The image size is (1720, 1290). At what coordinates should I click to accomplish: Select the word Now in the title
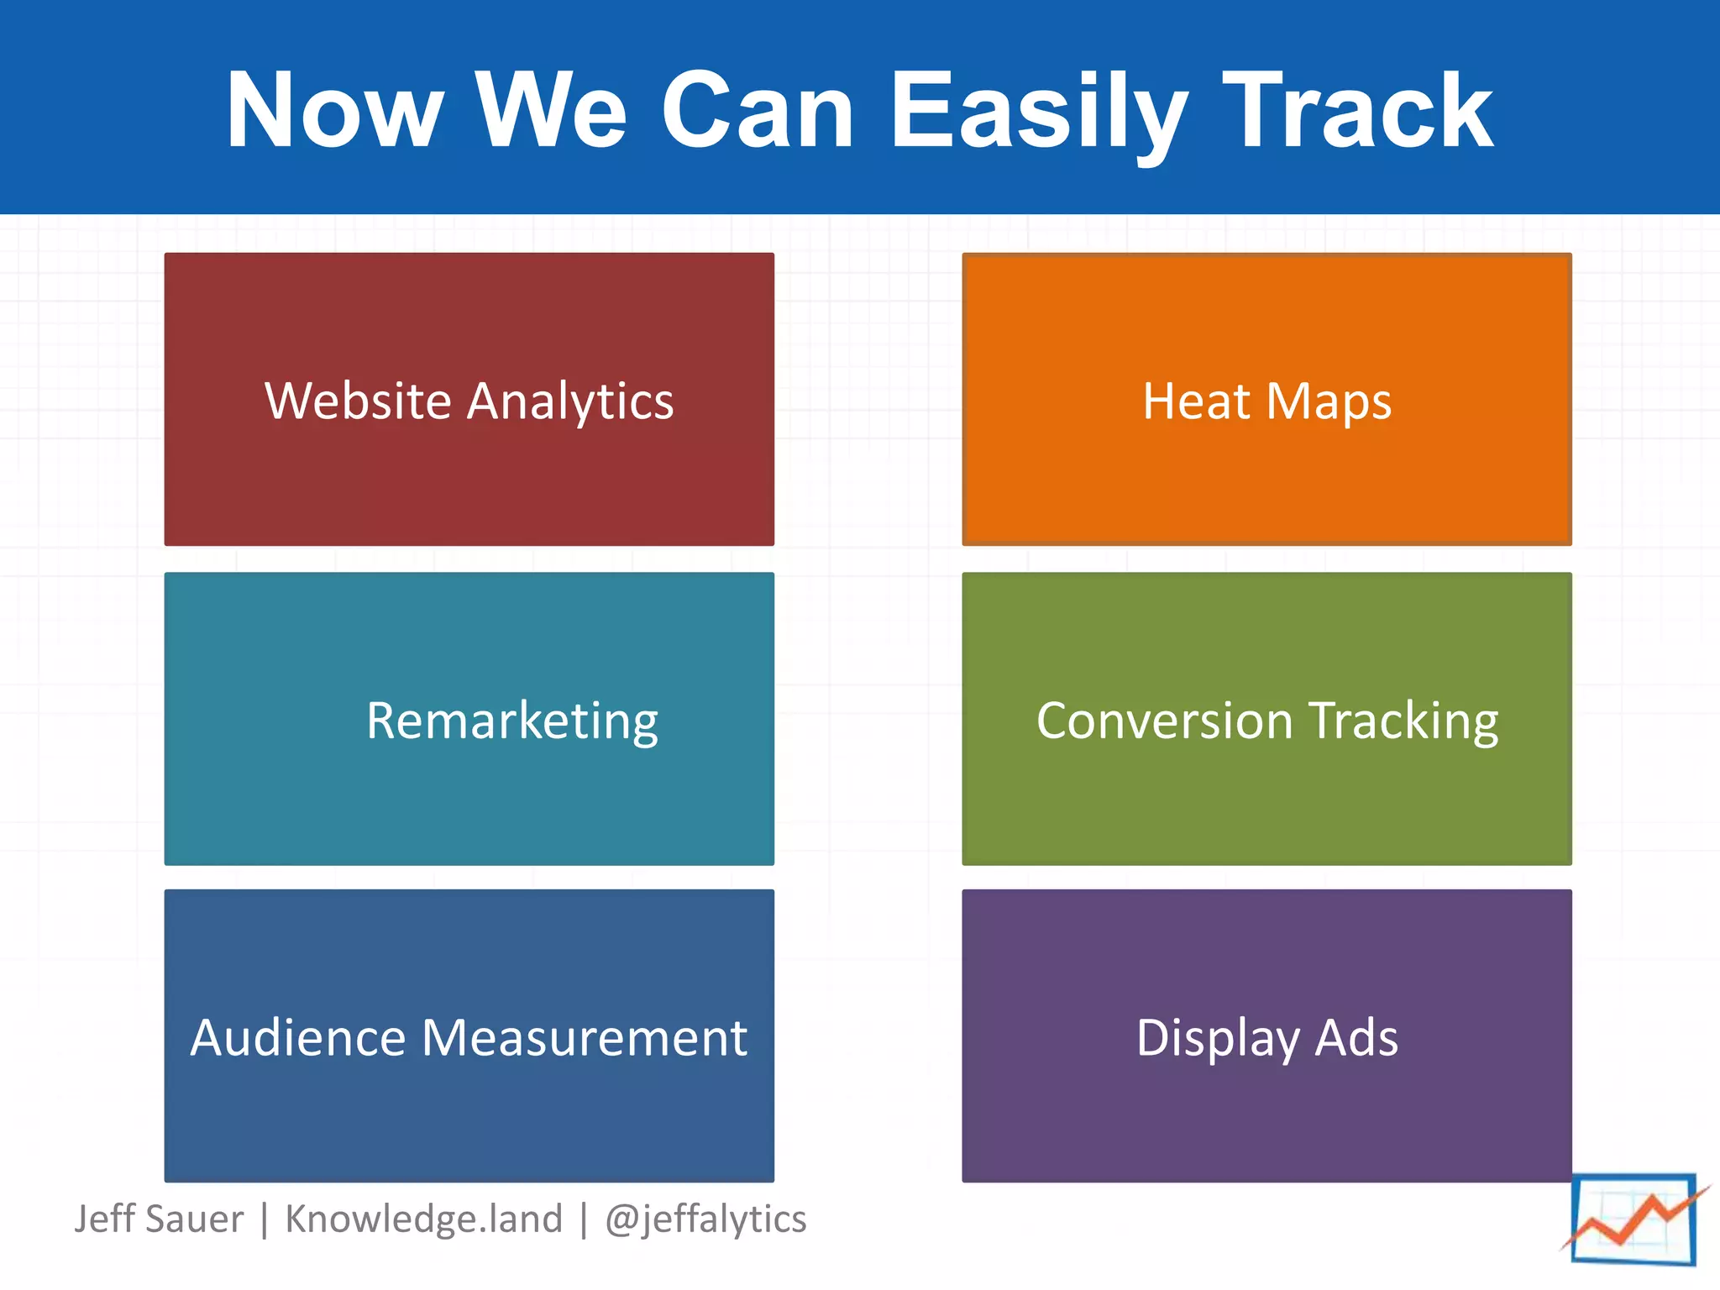[334, 111]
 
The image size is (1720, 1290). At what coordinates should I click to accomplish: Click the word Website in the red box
[359, 401]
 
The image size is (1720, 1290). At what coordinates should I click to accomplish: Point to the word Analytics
[570, 402]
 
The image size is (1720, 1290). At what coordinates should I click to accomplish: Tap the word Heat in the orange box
[1196, 401]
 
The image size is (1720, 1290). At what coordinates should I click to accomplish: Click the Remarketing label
[512, 721]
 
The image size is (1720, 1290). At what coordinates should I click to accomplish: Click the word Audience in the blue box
[299, 1037]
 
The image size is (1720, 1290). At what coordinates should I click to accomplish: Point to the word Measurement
[585, 1037]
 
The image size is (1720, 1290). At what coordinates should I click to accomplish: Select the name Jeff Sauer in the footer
[159, 1219]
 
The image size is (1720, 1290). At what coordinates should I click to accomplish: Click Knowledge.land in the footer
[423, 1219]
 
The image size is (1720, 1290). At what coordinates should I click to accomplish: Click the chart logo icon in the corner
[1633, 1220]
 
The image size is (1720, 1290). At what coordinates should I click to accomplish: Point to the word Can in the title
[758, 111]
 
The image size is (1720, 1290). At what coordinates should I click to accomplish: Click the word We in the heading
[551, 111]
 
